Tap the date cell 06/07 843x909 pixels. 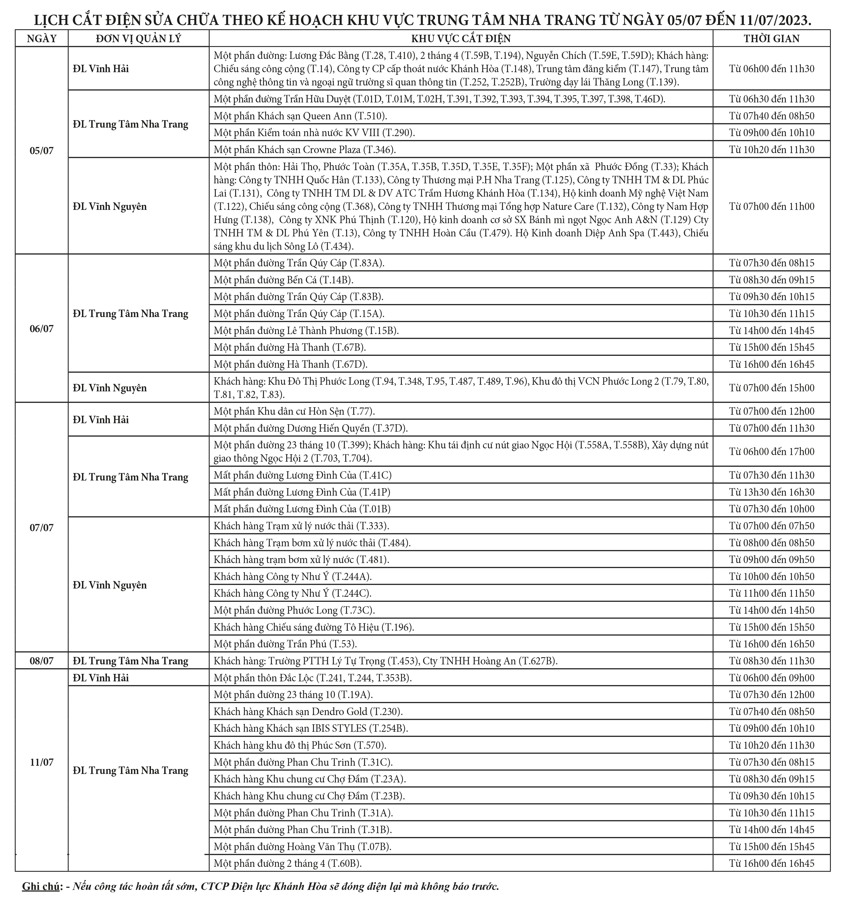pyautogui.click(x=41, y=328)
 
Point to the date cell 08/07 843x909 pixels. pyautogui.click(x=41, y=661)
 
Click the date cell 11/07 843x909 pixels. pyautogui.click(x=41, y=762)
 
